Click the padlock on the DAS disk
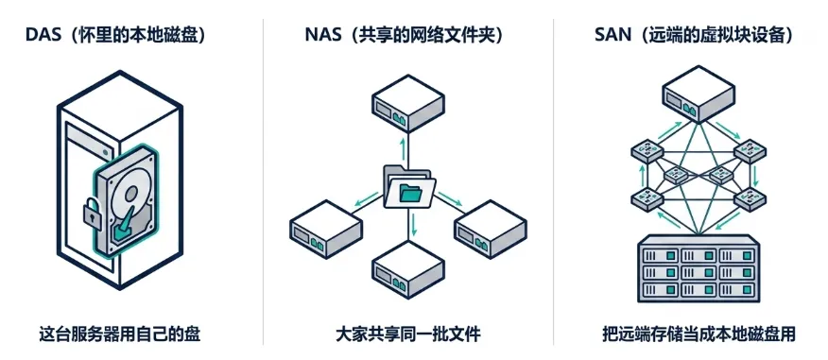[x=93, y=214]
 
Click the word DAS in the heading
[x=40, y=35]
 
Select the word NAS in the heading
[x=320, y=35]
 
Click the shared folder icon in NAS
[x=409, y=186]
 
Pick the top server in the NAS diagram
[x=407, y=103]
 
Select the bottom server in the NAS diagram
[x=407, y=268]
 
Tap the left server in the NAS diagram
[x=326, y=228]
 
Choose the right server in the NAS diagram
[x=490, y=228]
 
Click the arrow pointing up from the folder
[x=405, y=149]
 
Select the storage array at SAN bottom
[x=699, y=268]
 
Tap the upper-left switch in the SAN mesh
[x=647, y=151]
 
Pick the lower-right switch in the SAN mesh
[x=750, y=198]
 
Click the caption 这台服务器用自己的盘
[x=120, y=334]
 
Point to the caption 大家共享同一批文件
[x=408, y=334]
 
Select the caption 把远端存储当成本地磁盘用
[x=699, y=334]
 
